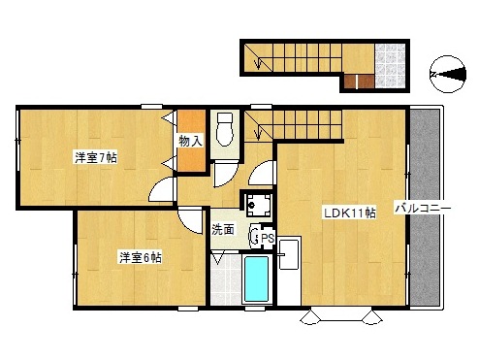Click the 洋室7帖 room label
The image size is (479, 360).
96,158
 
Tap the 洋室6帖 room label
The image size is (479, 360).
141,257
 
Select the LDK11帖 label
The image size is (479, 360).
350,213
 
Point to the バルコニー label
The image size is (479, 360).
423,208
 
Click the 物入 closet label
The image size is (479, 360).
191,142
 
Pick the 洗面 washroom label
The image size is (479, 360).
223,229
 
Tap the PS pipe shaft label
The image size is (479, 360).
268,239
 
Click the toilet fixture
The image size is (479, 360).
225,129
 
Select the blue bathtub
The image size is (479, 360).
256,279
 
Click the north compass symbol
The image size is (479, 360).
448,75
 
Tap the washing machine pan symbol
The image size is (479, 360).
258,205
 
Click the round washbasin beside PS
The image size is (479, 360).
255,235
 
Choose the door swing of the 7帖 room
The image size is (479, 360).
162,192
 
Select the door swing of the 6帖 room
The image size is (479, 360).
191,221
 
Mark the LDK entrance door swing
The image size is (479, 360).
261,174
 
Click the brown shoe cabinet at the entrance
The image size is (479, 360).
359,82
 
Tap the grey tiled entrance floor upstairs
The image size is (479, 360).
390,66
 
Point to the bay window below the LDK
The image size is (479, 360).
341,315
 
